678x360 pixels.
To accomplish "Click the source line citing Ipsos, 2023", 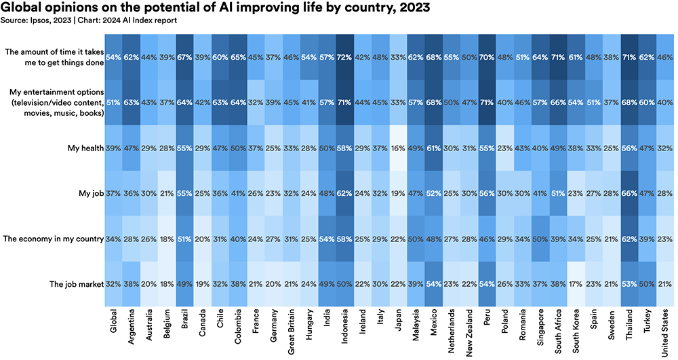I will tap(90, 20).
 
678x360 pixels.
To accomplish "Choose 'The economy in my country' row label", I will tap(53, 239).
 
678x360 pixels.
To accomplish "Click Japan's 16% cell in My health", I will tap(398, 147).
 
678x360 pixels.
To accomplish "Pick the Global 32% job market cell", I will tap(114, 284).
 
